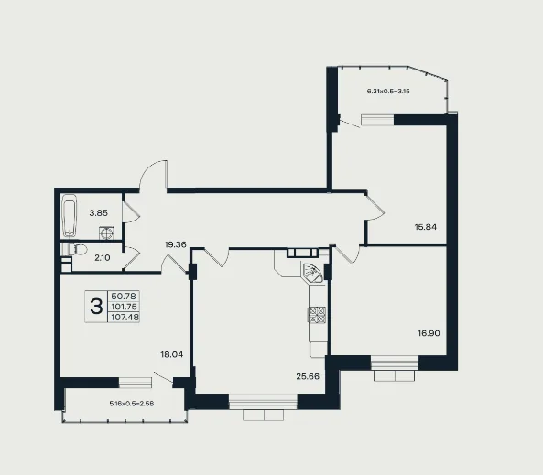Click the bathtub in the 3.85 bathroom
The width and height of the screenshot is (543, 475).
70,216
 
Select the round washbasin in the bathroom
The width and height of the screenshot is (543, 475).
106,233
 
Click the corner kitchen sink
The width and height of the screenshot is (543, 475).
312,273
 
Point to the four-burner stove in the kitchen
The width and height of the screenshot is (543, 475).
317,315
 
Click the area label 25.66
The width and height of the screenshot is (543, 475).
308,376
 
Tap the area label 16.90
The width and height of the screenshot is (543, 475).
429,333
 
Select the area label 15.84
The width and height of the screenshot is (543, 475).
426,227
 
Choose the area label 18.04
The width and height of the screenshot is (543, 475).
172,354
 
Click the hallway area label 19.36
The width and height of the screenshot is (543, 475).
176,244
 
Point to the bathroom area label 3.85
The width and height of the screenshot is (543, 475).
99,213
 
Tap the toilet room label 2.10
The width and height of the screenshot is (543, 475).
103,257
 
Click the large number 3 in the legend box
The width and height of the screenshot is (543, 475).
96,307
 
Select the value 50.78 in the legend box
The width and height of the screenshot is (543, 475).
124,296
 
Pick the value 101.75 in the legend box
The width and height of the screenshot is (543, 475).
124,307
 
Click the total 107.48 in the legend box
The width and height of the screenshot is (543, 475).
124,317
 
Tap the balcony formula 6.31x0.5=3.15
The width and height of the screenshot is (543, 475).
388,92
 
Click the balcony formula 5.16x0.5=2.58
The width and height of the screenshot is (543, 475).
132,404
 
